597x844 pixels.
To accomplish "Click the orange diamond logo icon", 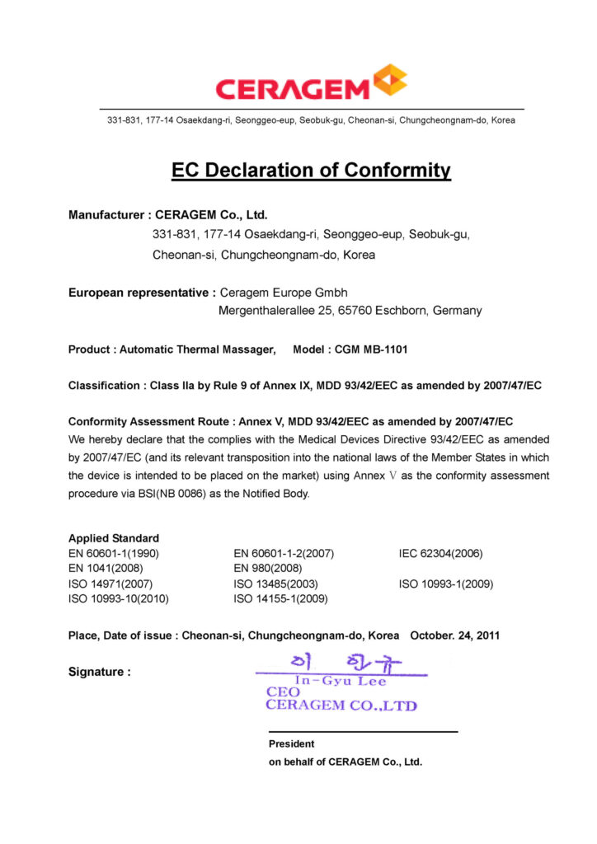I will pyautogui.click(x=390, y=81).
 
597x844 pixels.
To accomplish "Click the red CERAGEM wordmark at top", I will pyautogui.click(x=293, y=87).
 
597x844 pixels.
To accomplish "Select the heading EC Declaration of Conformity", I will pyautogui.click(x=311, y=171).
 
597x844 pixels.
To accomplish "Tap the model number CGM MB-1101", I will pyautogui.click(x=371, y=349).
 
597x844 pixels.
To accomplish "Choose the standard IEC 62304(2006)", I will pyautogui.click(x=441, y=553).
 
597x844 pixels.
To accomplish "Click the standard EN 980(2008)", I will pyautogui.click(x=268, y=569).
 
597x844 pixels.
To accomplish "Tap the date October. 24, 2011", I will pyautogui.click(x=454, y=635).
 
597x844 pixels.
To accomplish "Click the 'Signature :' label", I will pyautogui.click(x=99, y=672).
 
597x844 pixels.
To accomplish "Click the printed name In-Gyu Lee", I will pyautogui.click(x=340, y=682).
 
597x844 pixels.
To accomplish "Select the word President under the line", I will pyautogui.click(x=291, y=743).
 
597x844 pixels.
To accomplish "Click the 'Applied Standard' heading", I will pyautogui.click(x=114, y=538).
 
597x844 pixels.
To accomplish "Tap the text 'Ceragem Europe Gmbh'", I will pyautogui.click(x=284, y=293).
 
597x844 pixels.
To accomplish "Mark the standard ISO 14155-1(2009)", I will pyautogui.click(x=281, y=599).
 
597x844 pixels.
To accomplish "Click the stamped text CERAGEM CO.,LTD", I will pyautogui.click(x=341, y=706).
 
